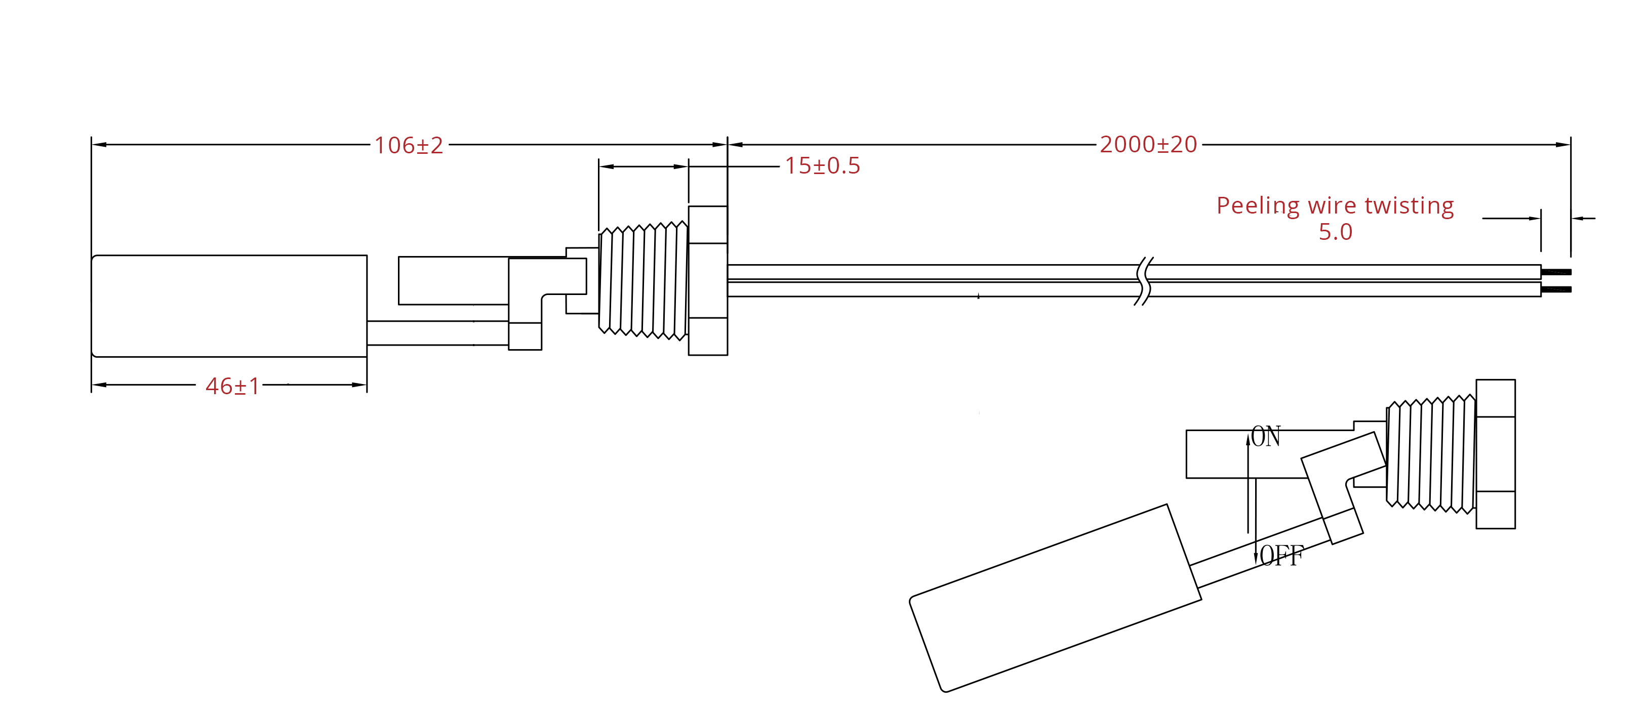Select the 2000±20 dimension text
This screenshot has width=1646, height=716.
click(1148, 145)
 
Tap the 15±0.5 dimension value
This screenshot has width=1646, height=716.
click(822, 166)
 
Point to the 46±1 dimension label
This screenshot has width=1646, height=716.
click(232, 387)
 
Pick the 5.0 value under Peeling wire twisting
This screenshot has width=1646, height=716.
click(1336, 232)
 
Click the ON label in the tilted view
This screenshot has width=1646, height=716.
click(1266, 437)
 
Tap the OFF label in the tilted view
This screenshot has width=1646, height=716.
click(1281, 556)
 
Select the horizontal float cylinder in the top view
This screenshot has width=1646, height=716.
click(229, 306)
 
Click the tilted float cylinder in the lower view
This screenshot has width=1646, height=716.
click(1054, 598)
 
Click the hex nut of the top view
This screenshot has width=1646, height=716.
click(708, 280)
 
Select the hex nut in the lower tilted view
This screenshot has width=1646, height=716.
click(1495, 454)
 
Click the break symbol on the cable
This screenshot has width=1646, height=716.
click(1144, 281)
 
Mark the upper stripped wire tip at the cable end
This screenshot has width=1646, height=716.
click(1556, 272)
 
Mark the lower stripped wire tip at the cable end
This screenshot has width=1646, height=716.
click(1556, 289)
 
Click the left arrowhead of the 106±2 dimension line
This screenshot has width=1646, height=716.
click(100, 144)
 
